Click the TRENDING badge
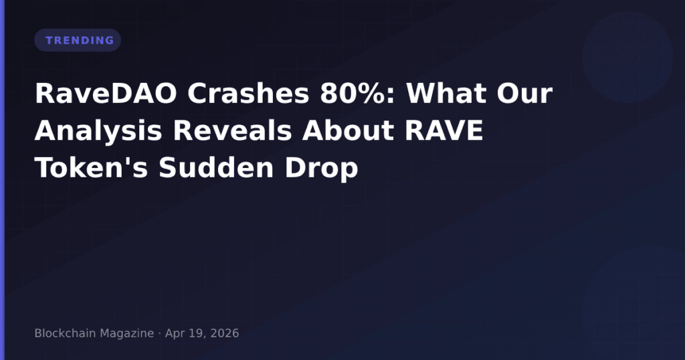(x=78, y=40)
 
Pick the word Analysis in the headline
(x=98, y=132)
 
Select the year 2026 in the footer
(x=225, y=333)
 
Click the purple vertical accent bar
(x=2, y=180)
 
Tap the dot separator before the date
(x=159, y=333)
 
